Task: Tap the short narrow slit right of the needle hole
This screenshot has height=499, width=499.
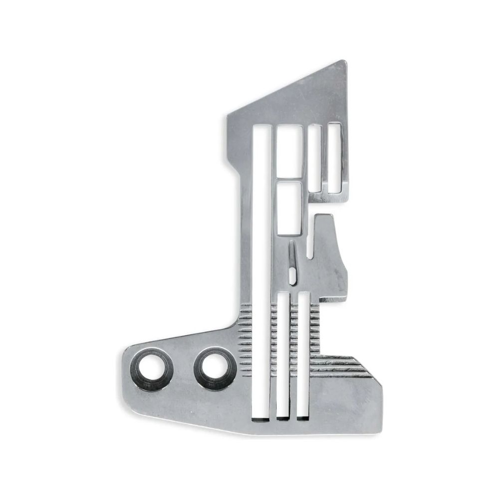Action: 311,240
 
